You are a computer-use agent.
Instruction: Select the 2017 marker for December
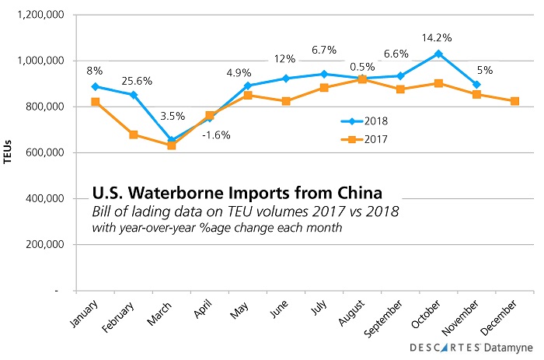click(x=515, y=101)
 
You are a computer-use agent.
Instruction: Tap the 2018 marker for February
click(x=134, y=95)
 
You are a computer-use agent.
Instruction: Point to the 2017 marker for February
click(x=134, y=135)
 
